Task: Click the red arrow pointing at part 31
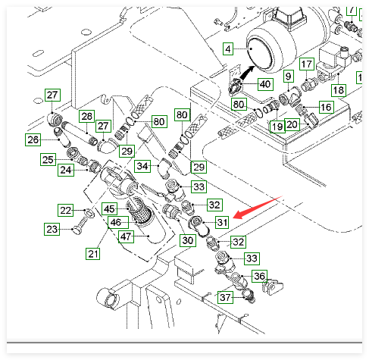coord(258,207)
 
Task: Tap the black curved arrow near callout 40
coord(248,73)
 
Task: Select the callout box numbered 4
coord(228,49)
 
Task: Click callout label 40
coord(265,84)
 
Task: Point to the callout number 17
coord(307,64)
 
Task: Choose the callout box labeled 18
coord(339,90)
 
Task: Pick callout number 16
coord(326,107)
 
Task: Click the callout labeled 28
coord(87,116)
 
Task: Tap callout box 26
coord(33,139)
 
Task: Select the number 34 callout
coord(142,166)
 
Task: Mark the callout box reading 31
coord(222,222)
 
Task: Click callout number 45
coord(110,209)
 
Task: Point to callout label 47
coord(126,236)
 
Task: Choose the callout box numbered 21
coord(93,254)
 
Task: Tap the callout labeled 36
coord(259,276)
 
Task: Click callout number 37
coord(225,297)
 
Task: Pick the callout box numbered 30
coord(188,240)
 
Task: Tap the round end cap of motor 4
coord(261,53)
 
